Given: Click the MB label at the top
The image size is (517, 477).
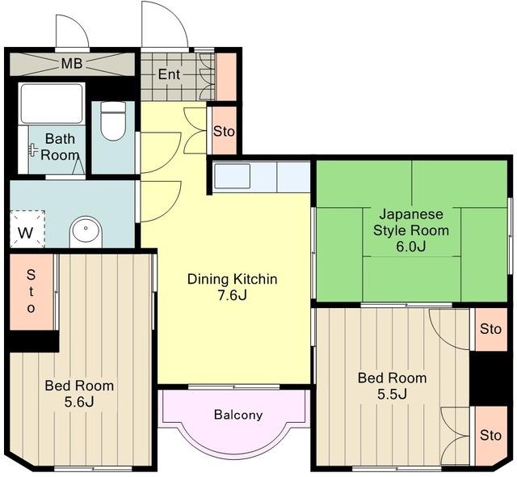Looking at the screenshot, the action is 72,63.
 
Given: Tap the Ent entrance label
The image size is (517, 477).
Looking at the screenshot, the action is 169,74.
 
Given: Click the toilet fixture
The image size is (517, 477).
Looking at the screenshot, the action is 113,121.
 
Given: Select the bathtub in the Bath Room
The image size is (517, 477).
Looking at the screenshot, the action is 52,103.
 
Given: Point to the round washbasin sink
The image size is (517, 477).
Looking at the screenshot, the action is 86,231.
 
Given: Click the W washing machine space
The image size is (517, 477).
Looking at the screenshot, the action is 27,229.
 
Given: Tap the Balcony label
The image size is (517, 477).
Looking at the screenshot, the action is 238,414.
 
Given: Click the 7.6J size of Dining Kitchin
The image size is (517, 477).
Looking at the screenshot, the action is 232,295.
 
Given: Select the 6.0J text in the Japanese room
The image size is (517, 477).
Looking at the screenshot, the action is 411,247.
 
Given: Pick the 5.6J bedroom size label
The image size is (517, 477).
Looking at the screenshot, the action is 79,402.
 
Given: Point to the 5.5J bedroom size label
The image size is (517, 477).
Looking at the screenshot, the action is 392,394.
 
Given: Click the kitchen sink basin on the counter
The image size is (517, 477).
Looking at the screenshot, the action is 232,176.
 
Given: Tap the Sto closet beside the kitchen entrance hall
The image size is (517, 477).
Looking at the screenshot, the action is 224,131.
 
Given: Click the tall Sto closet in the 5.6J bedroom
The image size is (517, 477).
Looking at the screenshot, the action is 32,292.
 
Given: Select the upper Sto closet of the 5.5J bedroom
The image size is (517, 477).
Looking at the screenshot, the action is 490,329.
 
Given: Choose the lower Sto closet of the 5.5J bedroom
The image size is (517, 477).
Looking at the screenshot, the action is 490,436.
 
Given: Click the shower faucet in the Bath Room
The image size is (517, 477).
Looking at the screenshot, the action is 33,150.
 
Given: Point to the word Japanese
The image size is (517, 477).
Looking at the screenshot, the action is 411,215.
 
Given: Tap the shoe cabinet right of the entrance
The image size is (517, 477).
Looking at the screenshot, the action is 226,77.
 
